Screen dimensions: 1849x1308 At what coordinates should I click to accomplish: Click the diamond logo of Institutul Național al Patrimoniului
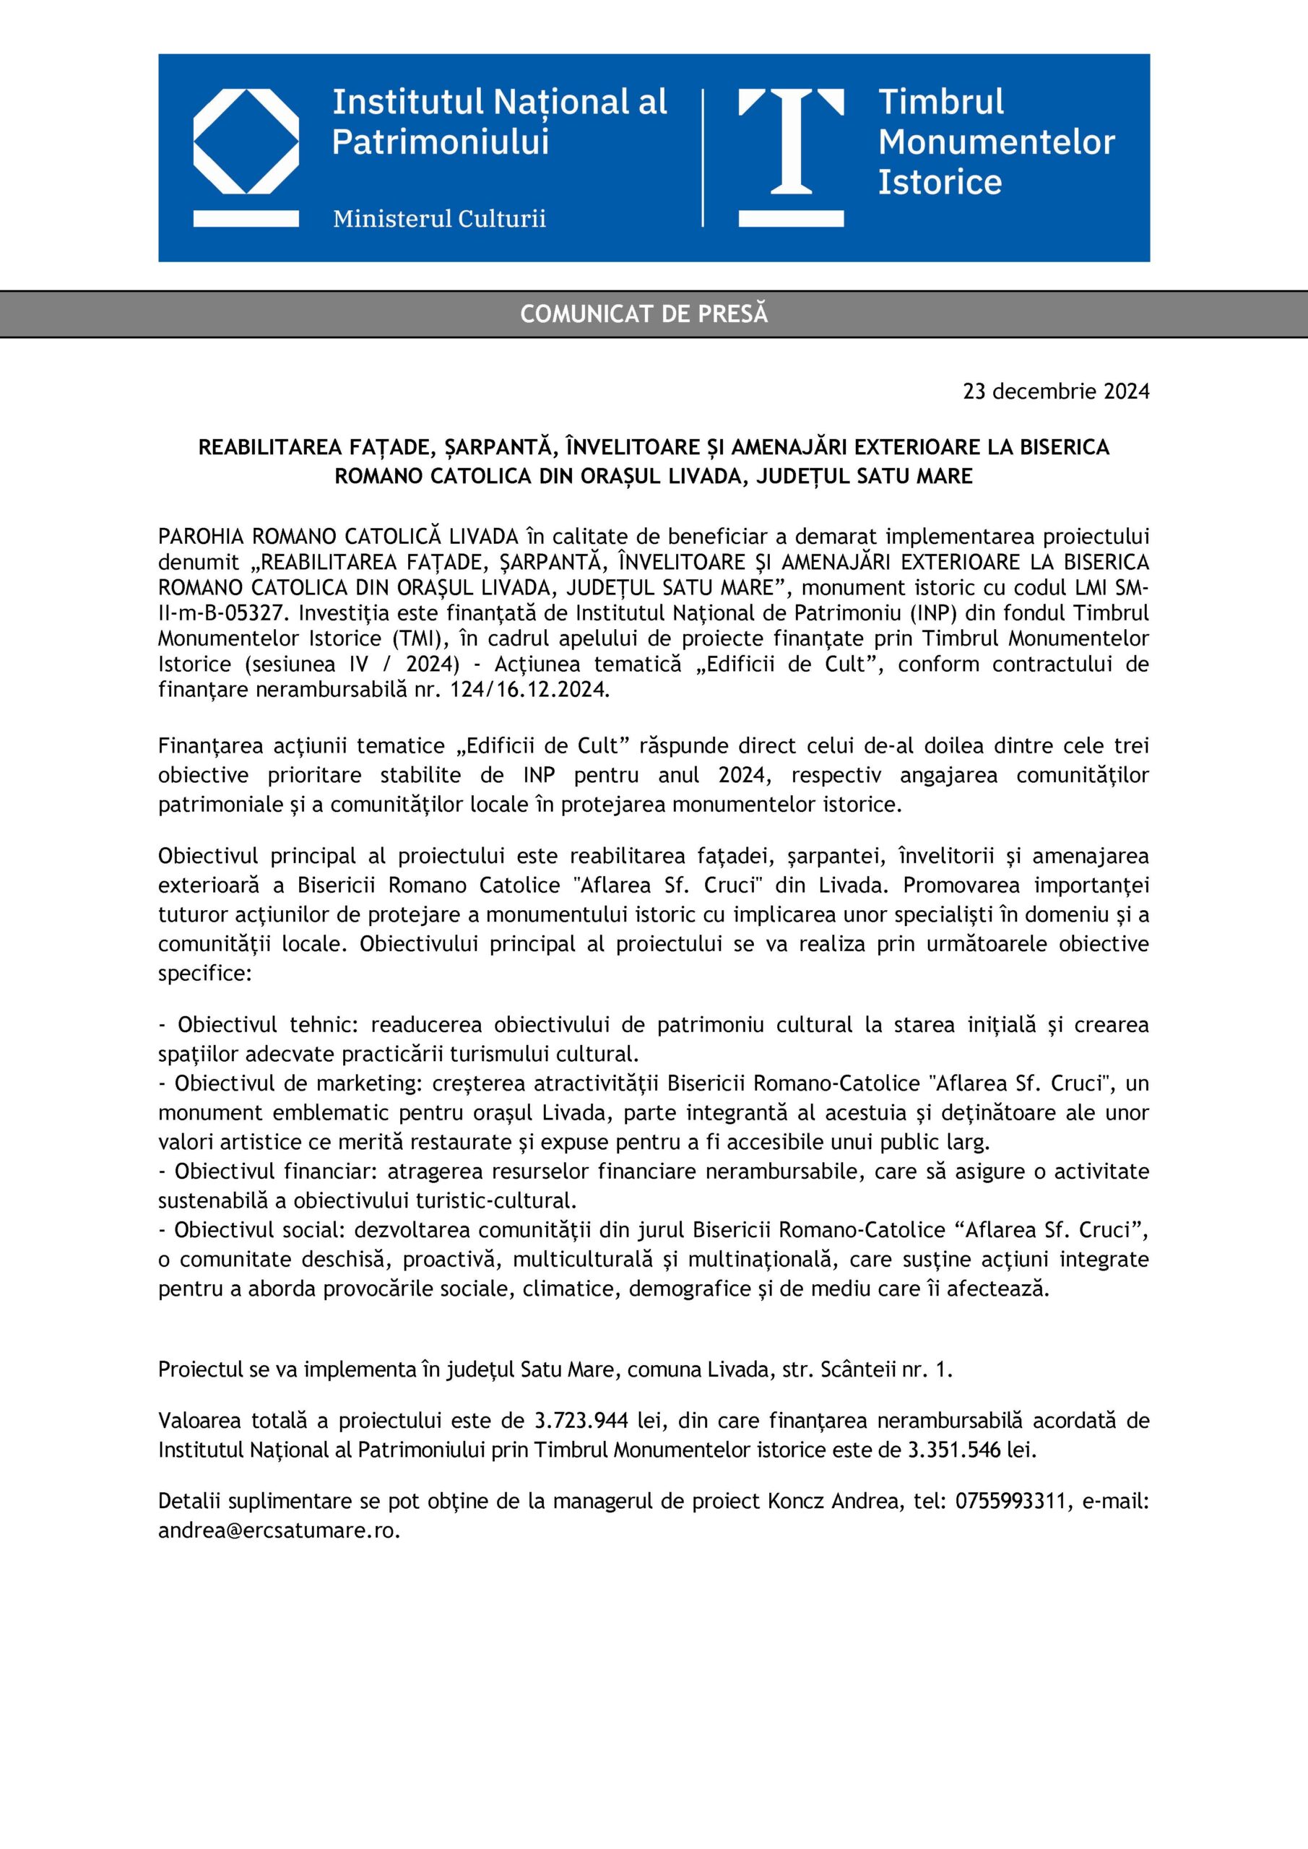tap(246, 142)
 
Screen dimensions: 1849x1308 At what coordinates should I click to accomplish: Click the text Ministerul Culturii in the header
tap(439, 218)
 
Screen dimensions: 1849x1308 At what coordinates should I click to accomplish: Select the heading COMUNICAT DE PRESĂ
tap(644, 314)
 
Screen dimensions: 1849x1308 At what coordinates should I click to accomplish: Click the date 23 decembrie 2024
tap(1056, 391)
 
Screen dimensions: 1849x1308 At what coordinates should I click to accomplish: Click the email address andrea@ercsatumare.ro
tap(279, 1530)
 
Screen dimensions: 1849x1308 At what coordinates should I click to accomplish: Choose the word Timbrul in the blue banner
tap(940, 103)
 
